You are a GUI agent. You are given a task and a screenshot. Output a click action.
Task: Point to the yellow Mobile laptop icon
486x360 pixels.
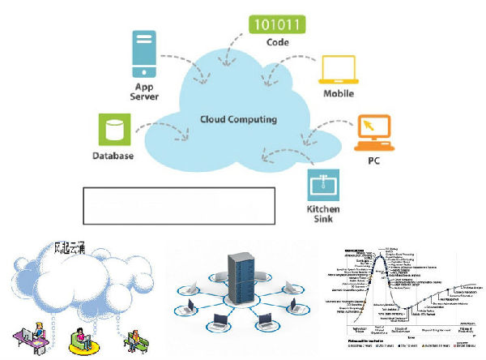tap(338, 71)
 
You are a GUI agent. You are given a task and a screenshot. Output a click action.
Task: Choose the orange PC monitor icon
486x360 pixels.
tap(374, 132)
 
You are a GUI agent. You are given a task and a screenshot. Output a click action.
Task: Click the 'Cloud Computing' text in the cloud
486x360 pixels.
tap(238, 119)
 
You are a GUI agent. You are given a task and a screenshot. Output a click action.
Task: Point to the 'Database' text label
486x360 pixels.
tap(113, 156)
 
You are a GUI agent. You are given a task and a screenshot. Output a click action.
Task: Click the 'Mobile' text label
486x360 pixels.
tap(338, 94)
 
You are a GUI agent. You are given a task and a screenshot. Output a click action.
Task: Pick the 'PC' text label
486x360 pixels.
tap(373, 160)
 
